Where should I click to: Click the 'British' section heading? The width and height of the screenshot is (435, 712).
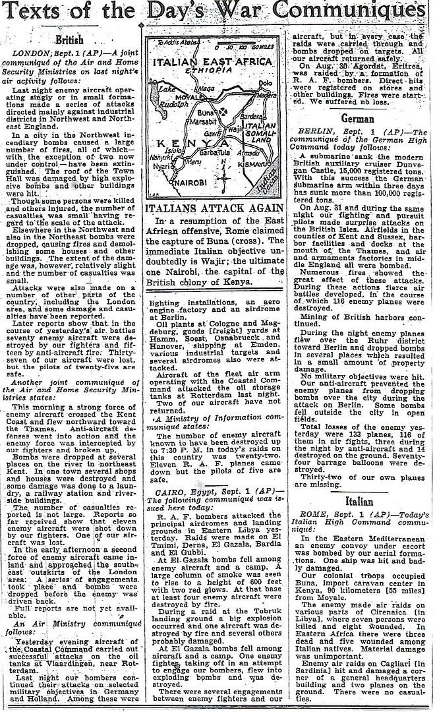pyautogui.click(x=69, y=40)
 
